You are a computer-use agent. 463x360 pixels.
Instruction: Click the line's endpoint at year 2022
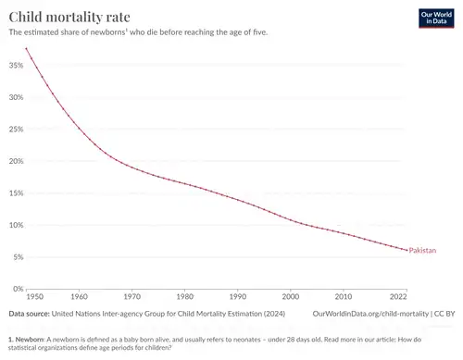[407, 250]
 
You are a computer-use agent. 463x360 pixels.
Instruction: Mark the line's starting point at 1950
[27, 48]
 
